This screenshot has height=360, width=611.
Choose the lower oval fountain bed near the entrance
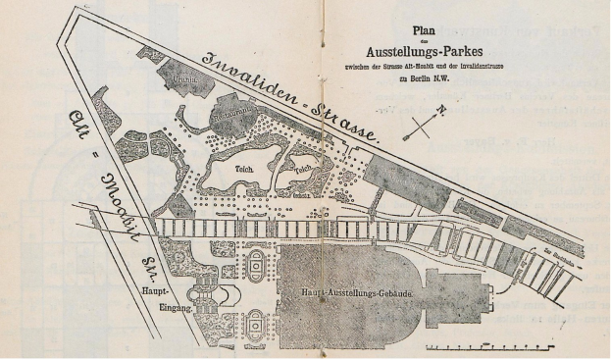coord(257,322)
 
